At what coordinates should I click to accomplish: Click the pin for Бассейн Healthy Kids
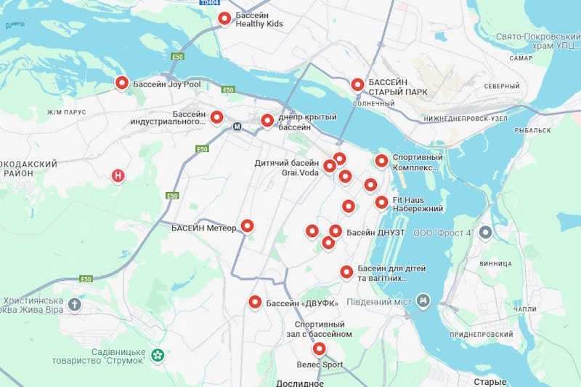tap(224, 18)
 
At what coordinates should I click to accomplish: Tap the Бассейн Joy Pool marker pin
tap(122, 84)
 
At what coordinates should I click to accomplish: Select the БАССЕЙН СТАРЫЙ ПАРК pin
tap(357, 85)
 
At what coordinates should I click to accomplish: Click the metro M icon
tap(237, 126)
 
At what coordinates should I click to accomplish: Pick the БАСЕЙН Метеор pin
tap(248, 226)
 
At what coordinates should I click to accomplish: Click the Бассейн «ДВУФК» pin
tap(255, 303)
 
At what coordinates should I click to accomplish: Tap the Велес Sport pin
tap(318, 348)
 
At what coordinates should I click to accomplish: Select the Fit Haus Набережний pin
tap(381, 202)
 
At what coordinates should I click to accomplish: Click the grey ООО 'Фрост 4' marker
tap(487, 233)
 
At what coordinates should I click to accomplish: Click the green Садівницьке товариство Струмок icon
tap(156, 356)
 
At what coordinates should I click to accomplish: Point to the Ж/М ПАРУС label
tap(67, 112)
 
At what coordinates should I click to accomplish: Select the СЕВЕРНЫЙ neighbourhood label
tap(503, 86)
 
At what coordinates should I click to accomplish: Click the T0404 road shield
tap(209, 3)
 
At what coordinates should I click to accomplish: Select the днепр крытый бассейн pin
tap(267, 121)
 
